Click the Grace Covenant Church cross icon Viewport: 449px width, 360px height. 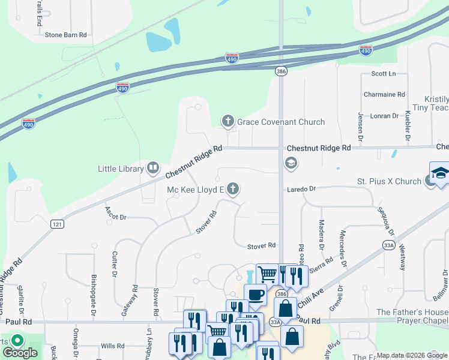(x=228, y=122)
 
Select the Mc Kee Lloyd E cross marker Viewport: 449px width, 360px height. (x=233, y=190)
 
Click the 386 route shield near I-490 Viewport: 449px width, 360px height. (x=281, y=71)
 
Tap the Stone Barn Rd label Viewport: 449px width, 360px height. (x=66, y=35)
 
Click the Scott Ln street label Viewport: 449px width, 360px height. (x=384, y=74)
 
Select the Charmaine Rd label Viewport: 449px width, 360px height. (x=384, y=95)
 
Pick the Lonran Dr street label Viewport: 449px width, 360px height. (x=384, y=116)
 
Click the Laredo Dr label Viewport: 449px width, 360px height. (x=300, y=189)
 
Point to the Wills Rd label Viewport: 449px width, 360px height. (x=112, y=346)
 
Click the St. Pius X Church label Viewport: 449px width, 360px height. (x=389, y=181)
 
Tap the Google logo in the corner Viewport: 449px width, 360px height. (x=19, y=353)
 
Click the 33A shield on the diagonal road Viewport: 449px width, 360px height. (x=389, y=244)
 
